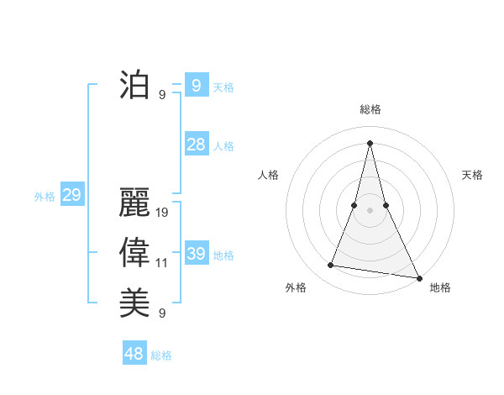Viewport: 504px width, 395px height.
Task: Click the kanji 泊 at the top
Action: pyautogui.click(x=134, y=86)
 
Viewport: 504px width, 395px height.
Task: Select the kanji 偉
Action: pyautogui.click(x=134, y=253)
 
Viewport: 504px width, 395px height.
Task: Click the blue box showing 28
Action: pyautogui.click(x=196, y=145)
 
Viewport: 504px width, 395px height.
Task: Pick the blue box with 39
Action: pyautogui.click(x=196, y=254)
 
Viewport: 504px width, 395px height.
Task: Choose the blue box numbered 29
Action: pyautogui.click(x=71, y=196)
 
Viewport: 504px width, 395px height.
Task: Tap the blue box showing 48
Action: pyautogui.click(x=134, y=354)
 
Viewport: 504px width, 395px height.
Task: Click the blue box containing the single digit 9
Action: pyautogui.click(x=196, y=85)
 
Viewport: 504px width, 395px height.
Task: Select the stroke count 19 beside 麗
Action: pyautogui.click(x=162, y=213)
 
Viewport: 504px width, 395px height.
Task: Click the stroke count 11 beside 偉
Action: pyautogui.click(x=162, y=263)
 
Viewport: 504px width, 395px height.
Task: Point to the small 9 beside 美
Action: pyautogui.click(x=162, y=313)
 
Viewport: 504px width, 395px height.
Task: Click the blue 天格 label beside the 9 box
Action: pyautogui.click(x=223, y=87)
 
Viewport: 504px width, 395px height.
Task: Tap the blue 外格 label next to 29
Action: pyautogui.click(x=45, y=197)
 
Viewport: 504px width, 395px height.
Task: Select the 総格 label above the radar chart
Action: pyautogui.click(x=370, y=109)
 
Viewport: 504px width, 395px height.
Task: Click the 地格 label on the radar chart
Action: pyautogui.click(x=440, y=287)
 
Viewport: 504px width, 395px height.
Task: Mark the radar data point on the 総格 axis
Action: pyautogui.click(x=370, y=142)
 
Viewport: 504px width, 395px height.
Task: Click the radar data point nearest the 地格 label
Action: pyautogui.click(x=418, y=277)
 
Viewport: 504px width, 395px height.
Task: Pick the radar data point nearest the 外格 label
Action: pyautogui.click(x=331, y=266)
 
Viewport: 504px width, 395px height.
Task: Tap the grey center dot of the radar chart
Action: pyautogui.click(x=370, y=210)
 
